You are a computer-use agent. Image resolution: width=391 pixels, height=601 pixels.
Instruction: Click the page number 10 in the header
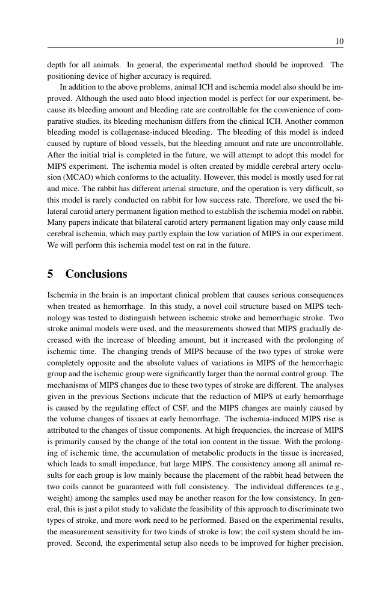click(x=339, y=41)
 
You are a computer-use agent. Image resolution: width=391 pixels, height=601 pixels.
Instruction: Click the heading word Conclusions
click(x=96, y=274)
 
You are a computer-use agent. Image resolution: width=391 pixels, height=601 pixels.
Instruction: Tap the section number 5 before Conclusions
click(x=51, y=274)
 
